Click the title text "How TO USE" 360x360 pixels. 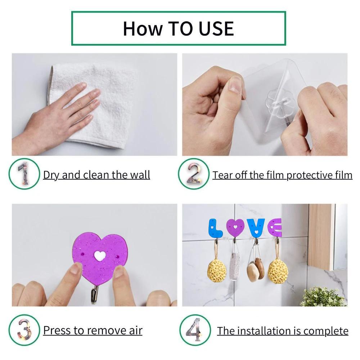click(x=179, y=28)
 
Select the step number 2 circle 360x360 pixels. click(x=194, y=174)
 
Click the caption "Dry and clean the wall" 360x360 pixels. click(x=96, y=175)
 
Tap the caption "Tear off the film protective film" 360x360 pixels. click(x=282, y=175)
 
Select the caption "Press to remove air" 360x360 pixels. click(x=93, y=330)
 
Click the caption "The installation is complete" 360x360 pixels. click(x=283, y=330)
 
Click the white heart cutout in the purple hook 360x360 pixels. click(x=100, y=256)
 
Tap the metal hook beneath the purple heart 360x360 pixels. click(x=95, y=294)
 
